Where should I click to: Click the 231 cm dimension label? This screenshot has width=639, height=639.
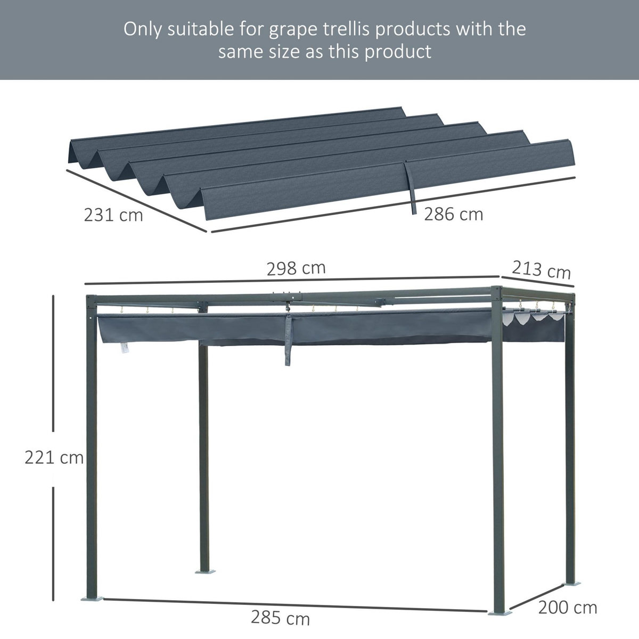[113, 215]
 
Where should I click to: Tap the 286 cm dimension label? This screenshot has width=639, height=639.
[453, 214]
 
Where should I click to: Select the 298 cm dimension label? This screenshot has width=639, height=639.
[296, 268]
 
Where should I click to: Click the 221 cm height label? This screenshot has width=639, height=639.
[54, 457]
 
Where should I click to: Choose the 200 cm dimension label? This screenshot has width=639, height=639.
[568, 607]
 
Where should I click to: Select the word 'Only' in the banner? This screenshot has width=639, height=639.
[144, 29]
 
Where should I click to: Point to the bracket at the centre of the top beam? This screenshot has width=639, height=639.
[288, 295]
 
